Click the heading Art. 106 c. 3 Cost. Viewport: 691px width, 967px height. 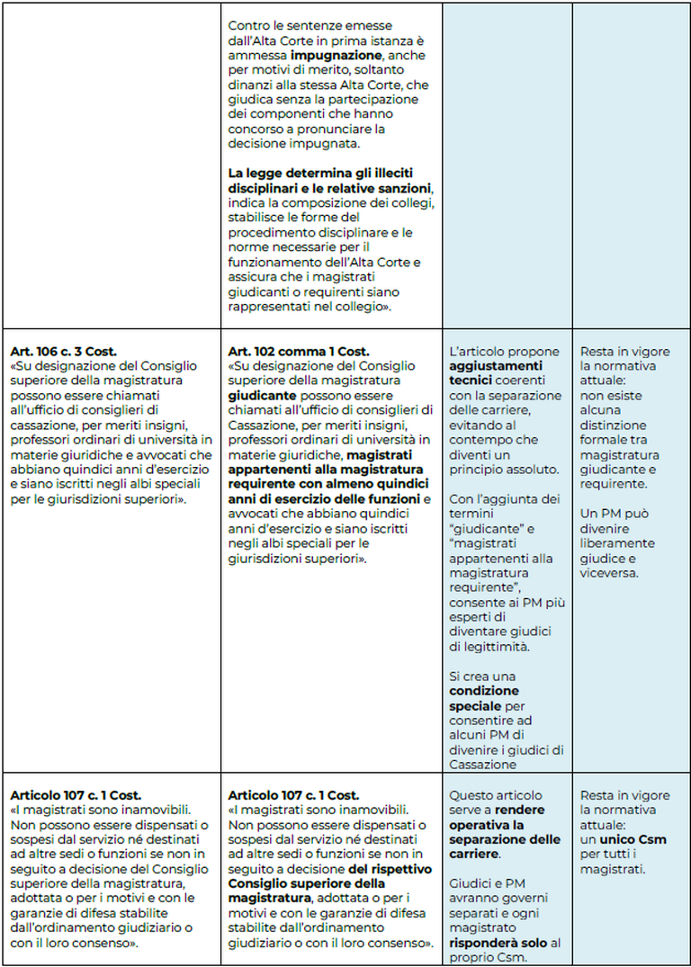63,352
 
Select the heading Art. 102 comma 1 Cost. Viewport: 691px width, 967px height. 298,352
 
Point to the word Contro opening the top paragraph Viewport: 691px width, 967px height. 248,26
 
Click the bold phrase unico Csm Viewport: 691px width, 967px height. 628,839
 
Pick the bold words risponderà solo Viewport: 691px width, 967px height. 492,942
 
